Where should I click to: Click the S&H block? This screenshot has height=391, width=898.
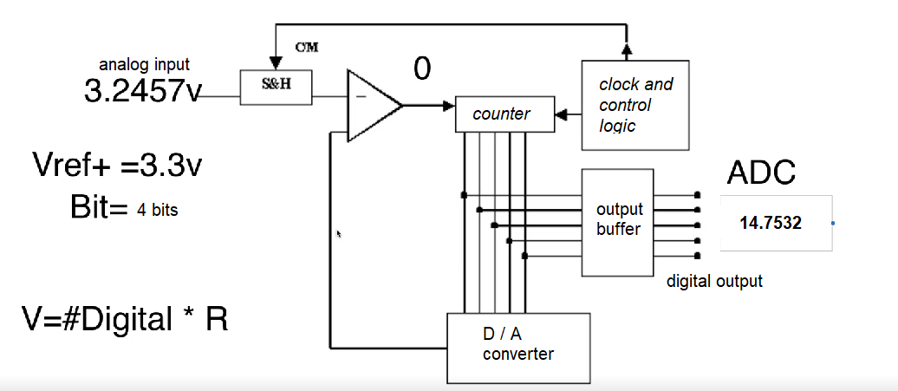click(x=276, y=88)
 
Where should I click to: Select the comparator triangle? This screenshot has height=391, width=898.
click(x=371, y=106)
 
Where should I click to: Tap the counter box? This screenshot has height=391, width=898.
click(x=504, y=114)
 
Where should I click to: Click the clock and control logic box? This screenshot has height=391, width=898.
click(x=635, y=105)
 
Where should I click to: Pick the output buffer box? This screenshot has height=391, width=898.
click(x=618, y=220)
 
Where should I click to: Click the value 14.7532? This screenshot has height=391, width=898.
click(x=770, y=223)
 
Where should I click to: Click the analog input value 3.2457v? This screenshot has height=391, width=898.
click(x=142, y=91)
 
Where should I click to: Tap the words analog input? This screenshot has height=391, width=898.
click(x=145, y=64)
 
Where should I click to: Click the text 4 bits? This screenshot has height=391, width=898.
click(x=158, y=210)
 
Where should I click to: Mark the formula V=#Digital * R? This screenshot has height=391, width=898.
click(x=125, y=319)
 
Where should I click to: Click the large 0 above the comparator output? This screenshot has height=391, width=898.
click(x=421, y=69)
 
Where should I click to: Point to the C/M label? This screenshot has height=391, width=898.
click(x=307, y=48)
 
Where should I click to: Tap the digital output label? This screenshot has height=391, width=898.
click(x=714, y=281)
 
